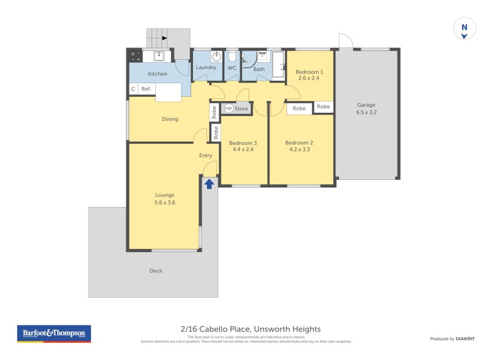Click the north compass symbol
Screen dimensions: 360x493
(465, 28)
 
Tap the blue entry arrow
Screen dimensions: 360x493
(210, 183)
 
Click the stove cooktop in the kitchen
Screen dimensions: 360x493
(136, 56)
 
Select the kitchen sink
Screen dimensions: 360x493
(159, 56)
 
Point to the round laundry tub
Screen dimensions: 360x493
(216, 55)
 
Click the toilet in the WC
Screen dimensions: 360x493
(232, 55)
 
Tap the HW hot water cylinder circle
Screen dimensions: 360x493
(229, 108)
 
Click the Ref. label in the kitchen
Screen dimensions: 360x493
(146, 89)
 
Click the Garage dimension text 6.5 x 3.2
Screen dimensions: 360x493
(366, 113)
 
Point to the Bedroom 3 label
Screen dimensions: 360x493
(244, 143)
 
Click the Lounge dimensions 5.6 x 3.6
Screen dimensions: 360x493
(165, 202)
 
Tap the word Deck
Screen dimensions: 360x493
(156, 271)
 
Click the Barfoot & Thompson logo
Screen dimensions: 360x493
(54, 333)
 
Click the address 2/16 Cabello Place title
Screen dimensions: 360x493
(250, 329)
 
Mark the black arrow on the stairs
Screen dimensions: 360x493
(164, 38)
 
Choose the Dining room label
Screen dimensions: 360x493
(170, 119)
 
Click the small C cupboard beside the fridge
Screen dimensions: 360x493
(133, 89)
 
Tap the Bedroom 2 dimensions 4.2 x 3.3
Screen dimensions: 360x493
(299, 150)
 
